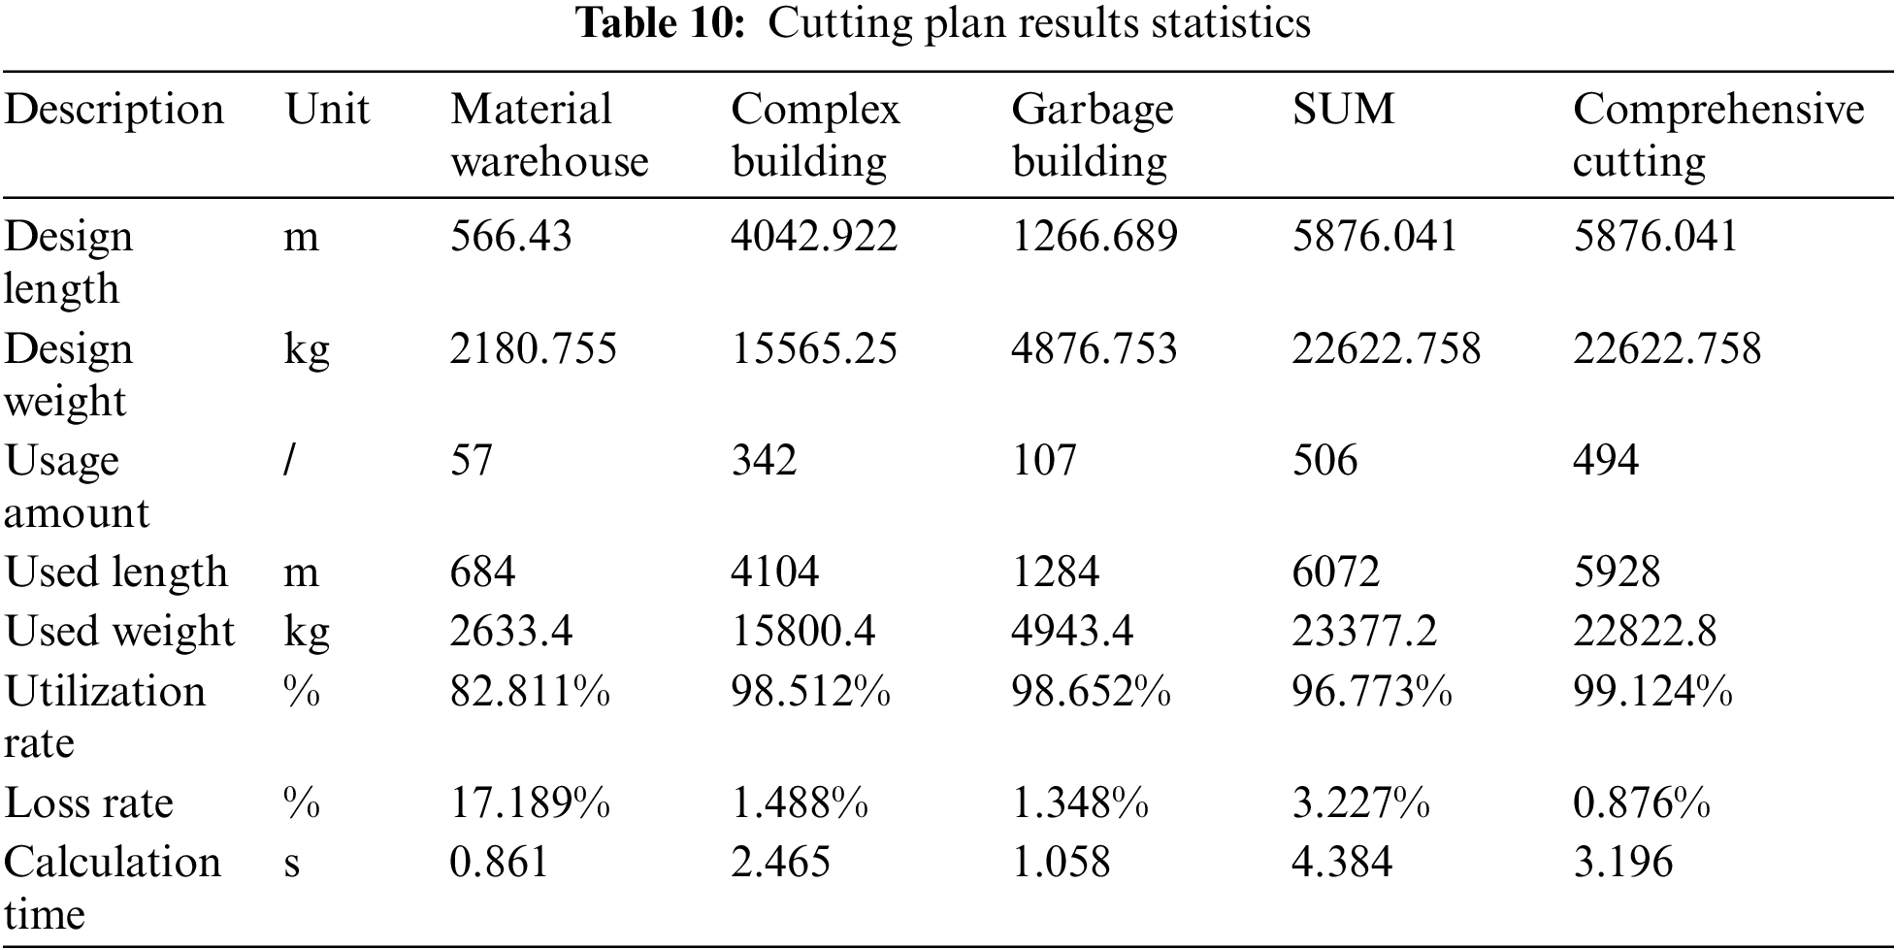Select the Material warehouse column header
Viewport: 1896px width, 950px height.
click(548, 135)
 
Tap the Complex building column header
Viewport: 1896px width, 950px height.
click(815, 135)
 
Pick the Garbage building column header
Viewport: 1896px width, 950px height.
click(1092, 135)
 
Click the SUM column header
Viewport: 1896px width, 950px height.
click(1343, 109)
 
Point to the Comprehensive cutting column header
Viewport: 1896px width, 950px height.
click(1717, 135)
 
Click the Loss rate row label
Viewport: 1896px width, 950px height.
click(88, 803)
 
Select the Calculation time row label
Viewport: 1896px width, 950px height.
click(112, 888)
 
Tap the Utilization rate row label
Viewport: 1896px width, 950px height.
click(105, 717)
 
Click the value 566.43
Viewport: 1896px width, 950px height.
click(510, 237)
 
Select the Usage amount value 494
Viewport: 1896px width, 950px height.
click(1605, 460)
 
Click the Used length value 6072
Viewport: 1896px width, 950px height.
click(1335, 573)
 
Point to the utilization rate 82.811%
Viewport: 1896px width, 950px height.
click(530, 692)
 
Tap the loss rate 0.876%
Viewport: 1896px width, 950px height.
click(1641, 803)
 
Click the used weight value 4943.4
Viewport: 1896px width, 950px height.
click(1071, 632)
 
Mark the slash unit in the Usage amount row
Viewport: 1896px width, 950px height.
click(289, 460)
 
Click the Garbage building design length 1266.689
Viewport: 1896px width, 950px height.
click(1094, 237)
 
